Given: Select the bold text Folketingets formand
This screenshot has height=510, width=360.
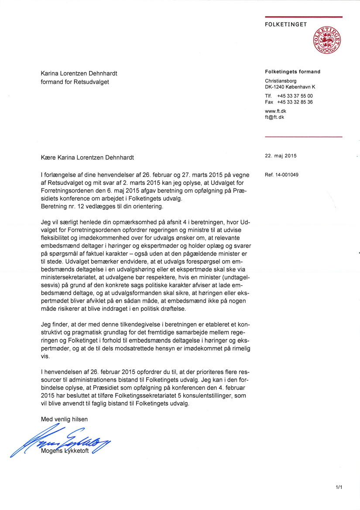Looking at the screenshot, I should coord(293,72).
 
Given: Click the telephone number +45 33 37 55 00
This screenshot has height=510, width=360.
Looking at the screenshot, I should coord(295,96).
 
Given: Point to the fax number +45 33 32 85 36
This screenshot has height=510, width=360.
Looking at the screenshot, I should coord(295,102).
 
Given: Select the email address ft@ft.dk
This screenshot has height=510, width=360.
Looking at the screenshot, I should coord(274,117).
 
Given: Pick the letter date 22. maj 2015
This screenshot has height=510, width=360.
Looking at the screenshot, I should coord(281,156).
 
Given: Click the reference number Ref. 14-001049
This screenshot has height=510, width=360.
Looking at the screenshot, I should coord(282,175).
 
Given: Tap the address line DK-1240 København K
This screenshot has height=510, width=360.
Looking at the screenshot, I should coord(290,87).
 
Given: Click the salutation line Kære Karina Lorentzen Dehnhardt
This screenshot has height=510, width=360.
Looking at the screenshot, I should coord(93,158).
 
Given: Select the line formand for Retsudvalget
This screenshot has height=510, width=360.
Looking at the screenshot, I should coord(75,82).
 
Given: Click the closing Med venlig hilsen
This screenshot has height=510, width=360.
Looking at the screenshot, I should coord(64,419).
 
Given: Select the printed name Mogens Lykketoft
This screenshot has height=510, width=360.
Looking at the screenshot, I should coord(65,451).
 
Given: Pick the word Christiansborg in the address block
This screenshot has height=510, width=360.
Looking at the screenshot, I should coord(281,81).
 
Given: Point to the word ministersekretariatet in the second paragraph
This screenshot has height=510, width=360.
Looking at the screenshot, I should coord(72,277).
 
